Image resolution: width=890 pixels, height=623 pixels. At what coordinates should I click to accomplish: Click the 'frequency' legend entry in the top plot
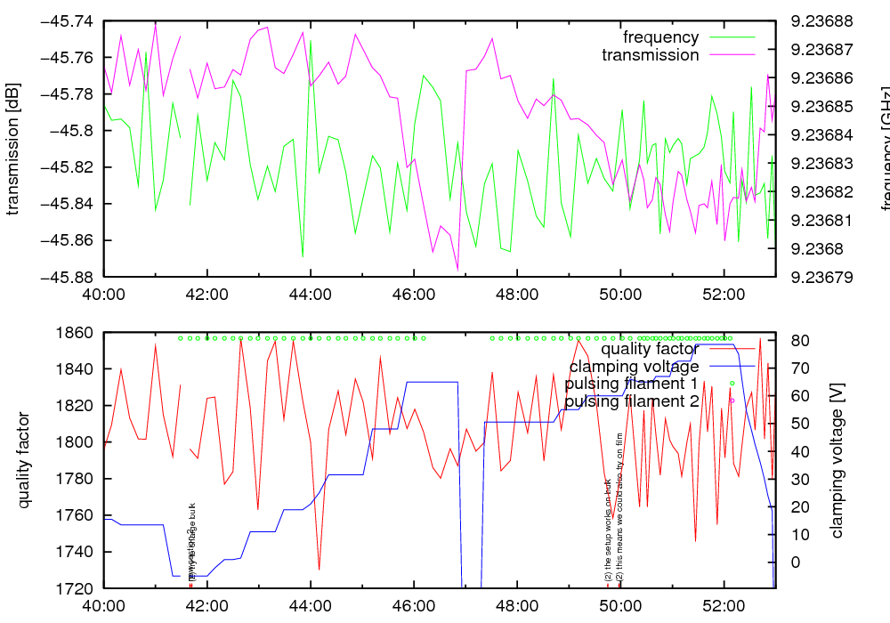click(x=660, y=37)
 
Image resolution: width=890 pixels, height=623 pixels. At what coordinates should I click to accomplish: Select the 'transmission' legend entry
click(x=651, y=55)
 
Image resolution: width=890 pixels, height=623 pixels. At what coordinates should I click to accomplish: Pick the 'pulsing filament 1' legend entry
click(x=631, y=384)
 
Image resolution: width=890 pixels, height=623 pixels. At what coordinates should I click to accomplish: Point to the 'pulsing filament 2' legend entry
click(x=631, y=401)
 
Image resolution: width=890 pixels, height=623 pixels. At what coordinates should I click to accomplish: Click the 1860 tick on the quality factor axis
click(x=75, y=333)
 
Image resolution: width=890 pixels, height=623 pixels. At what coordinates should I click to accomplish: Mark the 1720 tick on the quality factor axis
click(x=75, y=588)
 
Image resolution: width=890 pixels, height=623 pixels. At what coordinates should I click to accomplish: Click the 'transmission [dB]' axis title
click(x=13, y=148)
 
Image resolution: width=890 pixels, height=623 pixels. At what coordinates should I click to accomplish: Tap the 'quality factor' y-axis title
click(x=24, y=460)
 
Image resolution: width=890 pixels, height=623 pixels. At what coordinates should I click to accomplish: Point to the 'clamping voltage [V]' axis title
click(x=837, y=460)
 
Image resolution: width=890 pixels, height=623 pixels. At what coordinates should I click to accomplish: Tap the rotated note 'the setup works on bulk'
click(x=608, y=531)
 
